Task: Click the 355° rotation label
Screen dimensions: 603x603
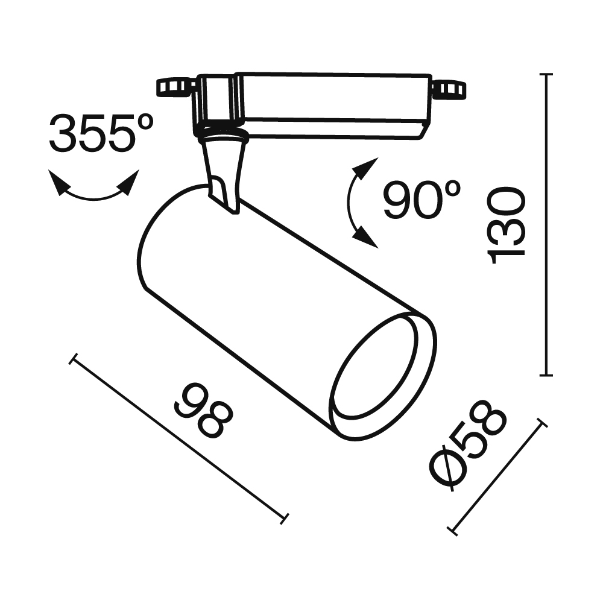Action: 101,133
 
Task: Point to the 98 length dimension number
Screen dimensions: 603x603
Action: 203,411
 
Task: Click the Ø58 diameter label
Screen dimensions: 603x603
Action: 468,444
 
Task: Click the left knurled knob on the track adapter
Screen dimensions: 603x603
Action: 172,87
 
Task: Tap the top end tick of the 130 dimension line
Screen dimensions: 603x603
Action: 546,74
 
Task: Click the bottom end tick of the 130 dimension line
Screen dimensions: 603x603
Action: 546,375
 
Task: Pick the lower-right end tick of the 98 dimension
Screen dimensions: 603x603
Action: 285,517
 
